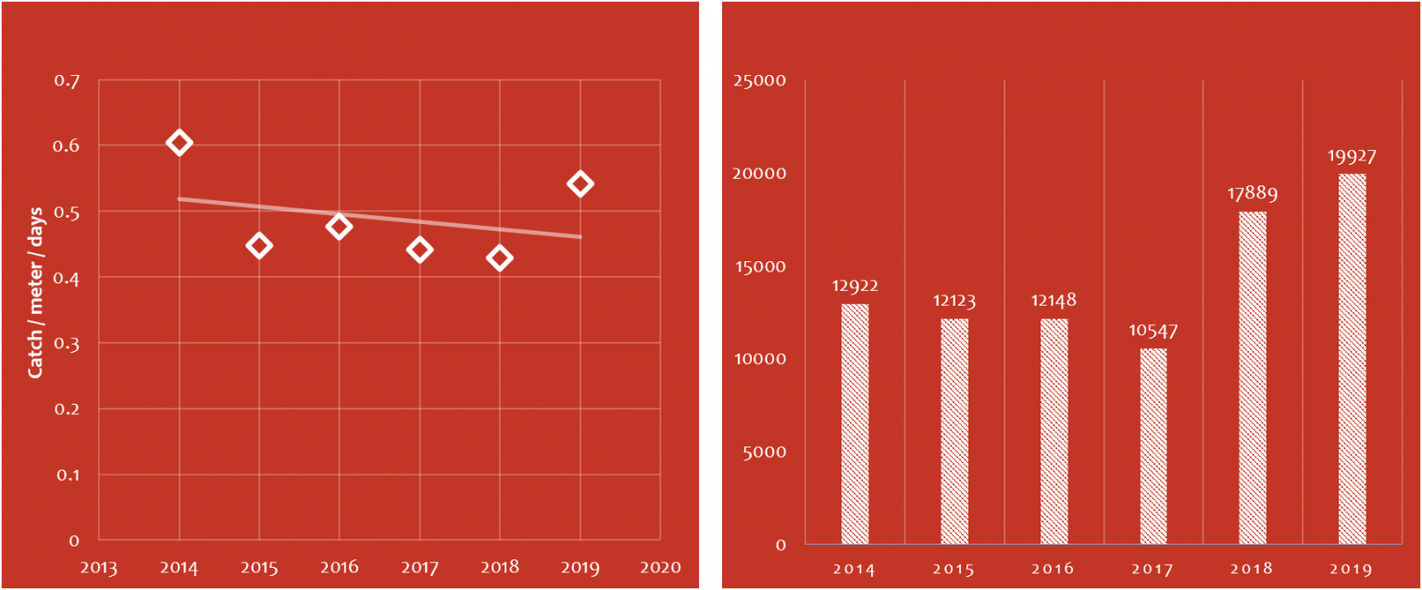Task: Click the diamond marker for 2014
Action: tap(179, 143)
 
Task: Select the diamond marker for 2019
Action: tap(580, 183)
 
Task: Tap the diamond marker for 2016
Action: tap(339, 226)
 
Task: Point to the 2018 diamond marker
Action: tap(500, 258)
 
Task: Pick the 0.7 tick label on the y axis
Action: tap(67, 82)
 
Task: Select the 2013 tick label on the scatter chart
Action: tap(99, 568)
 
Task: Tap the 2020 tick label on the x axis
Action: tap(660, 568)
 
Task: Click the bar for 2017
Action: tap(1153, 446)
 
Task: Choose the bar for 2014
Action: tap(854, 424)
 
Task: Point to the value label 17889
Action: tap(1253, 195)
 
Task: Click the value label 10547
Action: tap(1153, 331)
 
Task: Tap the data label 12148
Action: tap(1054, 301)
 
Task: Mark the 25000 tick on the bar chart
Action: tap(759, 82)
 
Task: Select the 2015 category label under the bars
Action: tap(954, 569)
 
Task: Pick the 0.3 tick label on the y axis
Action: tap(67, 344)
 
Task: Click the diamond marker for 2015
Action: tap(258, 245)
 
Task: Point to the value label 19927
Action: tap(1352, 157)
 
